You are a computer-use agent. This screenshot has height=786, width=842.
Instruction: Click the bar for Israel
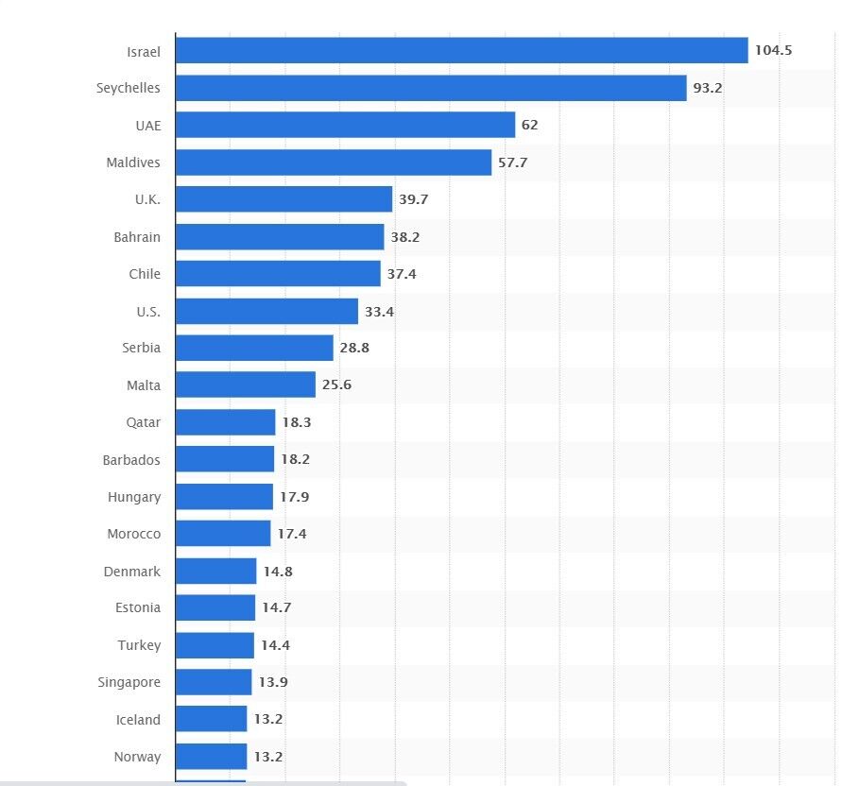(461, 50)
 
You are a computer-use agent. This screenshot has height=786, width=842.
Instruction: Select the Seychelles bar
(431, 88)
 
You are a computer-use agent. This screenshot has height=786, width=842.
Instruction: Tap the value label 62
(529, 125)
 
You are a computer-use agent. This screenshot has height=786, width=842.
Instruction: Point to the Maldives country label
(133, 162)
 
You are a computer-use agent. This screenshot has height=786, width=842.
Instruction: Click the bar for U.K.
(284, 199)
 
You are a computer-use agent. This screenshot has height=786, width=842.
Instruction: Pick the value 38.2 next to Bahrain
(405, 237)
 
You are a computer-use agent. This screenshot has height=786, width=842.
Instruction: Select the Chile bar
(278, 274)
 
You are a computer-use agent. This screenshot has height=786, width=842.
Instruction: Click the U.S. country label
(147, 311)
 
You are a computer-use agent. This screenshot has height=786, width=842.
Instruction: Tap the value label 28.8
(354, 349)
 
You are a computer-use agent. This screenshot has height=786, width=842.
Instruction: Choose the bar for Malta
(246, 385)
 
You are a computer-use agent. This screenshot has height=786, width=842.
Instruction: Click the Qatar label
(144, 422)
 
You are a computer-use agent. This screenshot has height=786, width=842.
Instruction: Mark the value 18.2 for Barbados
(295, 460)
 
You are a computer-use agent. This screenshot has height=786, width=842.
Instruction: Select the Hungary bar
(224, 497)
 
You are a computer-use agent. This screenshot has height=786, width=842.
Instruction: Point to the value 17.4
(292, 534)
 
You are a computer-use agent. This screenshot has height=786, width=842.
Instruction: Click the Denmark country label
(132, 572)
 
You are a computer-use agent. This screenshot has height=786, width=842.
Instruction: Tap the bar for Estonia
(215, 608)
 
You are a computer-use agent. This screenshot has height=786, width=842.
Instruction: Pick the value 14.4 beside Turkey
(276, 645)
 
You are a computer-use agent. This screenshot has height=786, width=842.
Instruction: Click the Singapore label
(129, 682)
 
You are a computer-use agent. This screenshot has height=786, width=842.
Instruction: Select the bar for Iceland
(211, 720)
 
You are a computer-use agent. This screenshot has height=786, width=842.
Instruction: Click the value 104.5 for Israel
(773, 50)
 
